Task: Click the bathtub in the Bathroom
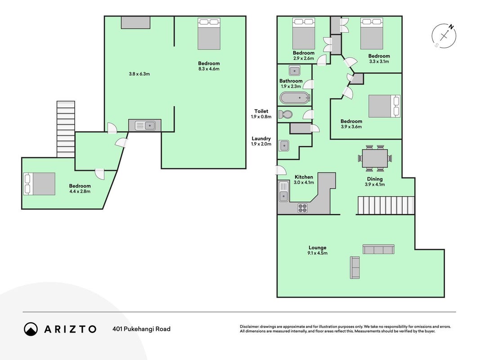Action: click(x=295, y=98)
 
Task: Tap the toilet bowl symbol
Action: click(x=286, y=115)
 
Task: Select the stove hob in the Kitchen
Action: click(x=302, y=208)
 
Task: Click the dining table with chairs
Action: click(x=375, y=158)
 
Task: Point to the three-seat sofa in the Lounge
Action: click(x=378, y=249)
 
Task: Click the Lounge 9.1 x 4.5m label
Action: click(x=318, y=250)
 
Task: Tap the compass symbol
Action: click(x=444, y=36)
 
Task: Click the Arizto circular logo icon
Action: click(x=31, y=329)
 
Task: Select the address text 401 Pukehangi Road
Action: click(x=141, y=329)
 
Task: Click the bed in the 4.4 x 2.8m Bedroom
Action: click(x=39, y=184)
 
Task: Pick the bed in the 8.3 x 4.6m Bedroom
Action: click(x=209, y=34)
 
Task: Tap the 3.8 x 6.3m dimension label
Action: click(x=139, y=74)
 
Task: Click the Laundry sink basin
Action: click(x=284, y=146)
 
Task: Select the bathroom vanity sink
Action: click(x=295, y=71)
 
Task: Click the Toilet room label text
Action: click(x=261, y=112)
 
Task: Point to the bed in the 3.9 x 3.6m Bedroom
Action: click(x=384, y=106)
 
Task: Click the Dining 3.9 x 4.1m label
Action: click(x=375, y=182)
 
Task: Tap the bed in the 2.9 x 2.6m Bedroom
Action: click(x=304, y=33)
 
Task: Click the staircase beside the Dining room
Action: click(x=386, y=205)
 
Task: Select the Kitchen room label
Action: click(x=304, y=177)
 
